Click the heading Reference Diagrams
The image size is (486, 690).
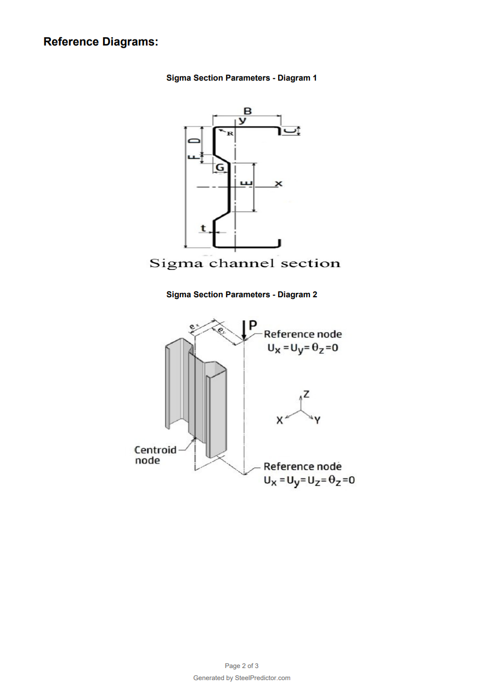click(x=101, y=42)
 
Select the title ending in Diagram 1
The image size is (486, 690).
click(x=241, y=78)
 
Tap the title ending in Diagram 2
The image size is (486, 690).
click(x=241, y=295)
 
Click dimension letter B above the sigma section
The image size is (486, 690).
click(x=247, y=111)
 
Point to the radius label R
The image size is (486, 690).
click(x=230, y=133)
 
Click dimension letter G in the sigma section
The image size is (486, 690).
click(x=219, y=167)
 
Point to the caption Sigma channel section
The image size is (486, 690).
click(x=245, y=263)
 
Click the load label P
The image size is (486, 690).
click(x=253, y=325)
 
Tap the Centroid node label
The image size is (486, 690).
click(x=155, y=455)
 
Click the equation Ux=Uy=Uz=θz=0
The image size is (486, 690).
click(x=309, y=480)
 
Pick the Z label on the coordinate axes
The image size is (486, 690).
click(x=306, y=394)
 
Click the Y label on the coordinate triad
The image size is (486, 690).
click(x=318, y=420)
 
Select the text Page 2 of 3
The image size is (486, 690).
click(x=241, y=666)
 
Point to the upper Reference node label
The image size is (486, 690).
click(x=302, y=334)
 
